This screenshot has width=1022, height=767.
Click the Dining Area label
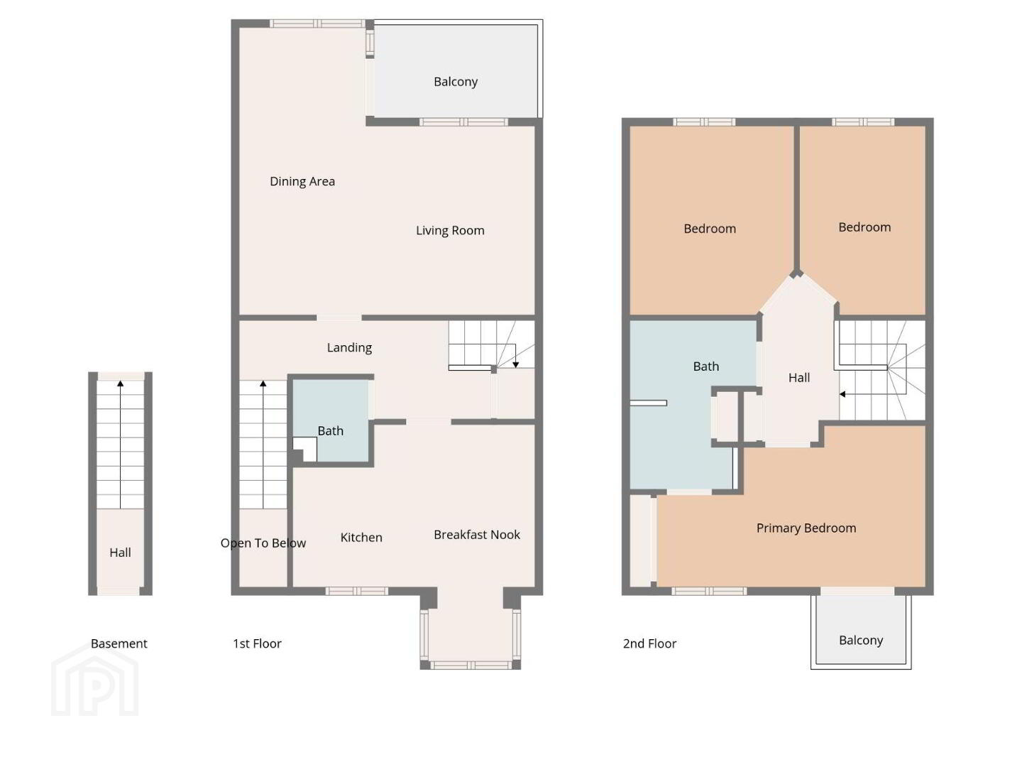pyautogui.click(x=302, y=182)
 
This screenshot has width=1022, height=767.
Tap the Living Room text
pyautogui.click(x=450, y=231)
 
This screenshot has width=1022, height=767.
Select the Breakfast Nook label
pyautogui.click(x=477, y=535)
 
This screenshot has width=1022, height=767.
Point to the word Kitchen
pyautogui.click(x=361, y=538)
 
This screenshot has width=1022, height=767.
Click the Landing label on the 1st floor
pyautogui.click(x=349, y=348)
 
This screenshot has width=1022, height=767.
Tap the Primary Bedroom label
pyautogui.click(x=806, y=528)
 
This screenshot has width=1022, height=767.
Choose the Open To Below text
pyautogui.click(x=263, y=543)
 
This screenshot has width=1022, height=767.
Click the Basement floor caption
pyautogui.click(x=119, y=643)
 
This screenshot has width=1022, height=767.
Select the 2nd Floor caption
pyautogui.click(x=649, y=643)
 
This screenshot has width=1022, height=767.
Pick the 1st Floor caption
pyautogui.click(x=257, y=643)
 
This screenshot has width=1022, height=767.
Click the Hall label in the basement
pyautogui.click(x=120, y=553)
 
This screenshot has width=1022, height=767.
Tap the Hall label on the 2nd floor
pyautogui.click(x=799, y=378)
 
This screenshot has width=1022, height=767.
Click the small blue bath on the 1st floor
pyautogui.click(x=331, y=420)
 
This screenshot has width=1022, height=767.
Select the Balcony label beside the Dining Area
pyautogui.click(x=456, y=82)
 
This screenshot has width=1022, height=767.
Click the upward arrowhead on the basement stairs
pyautogui.click(x=120, y=383)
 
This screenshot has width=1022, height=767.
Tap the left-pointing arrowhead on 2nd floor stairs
pyautogui.click(x=842, y=394)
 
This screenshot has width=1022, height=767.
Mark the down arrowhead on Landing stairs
pyautogui.click(x=515, y=364)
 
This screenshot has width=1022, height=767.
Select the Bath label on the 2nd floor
pyautogui.click(x=706, y=366)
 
